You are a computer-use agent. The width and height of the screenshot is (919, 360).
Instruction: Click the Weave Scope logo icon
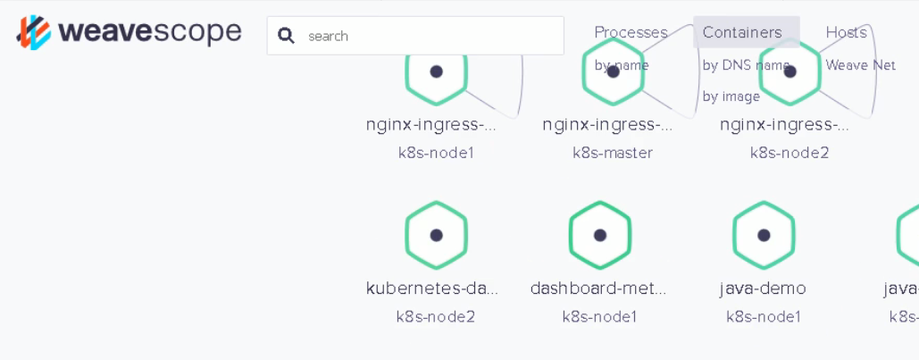(34, 32)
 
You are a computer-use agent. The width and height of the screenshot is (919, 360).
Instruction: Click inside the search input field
(429, 36)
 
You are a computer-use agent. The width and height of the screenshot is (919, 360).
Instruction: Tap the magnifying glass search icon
(286, 36)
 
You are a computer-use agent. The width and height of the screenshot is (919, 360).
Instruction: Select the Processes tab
(631, 32)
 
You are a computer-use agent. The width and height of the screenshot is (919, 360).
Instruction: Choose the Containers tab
(741, 32)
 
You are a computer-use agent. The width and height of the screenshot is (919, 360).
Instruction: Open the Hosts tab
(846, 32)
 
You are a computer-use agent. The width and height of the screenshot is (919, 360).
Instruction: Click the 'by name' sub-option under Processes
(622, 65)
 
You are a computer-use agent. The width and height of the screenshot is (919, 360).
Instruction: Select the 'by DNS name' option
(746, 65)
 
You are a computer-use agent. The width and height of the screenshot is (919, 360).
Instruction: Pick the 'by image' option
(731, 96)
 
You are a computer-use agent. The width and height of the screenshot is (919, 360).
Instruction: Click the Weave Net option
(860, 65)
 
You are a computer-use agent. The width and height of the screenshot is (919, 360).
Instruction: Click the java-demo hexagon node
(764, 235)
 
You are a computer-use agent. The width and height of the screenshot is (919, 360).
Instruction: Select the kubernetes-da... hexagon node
(436, 235)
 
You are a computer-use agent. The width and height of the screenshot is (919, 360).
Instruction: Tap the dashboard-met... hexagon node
(600, 235)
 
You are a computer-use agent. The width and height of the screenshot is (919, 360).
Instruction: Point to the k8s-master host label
(613, 153)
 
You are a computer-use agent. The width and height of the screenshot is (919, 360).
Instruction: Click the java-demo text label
(763, 289)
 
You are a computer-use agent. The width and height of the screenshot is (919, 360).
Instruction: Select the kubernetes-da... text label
(432, 289)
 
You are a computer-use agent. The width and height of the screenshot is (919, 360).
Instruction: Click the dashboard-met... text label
(598, 289)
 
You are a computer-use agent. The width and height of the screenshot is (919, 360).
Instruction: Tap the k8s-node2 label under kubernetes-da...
(436, 316)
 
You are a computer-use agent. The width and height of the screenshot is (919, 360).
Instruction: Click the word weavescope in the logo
(149, 33)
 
